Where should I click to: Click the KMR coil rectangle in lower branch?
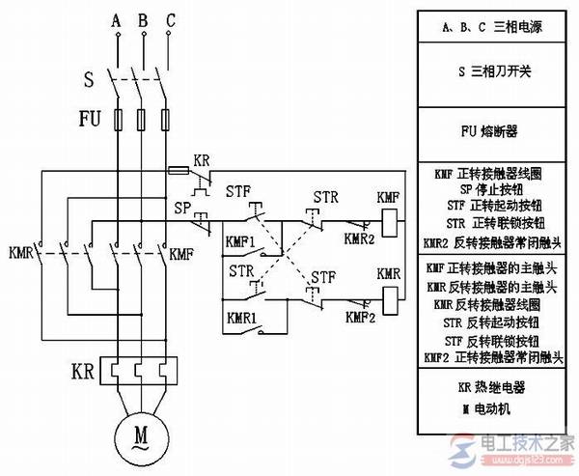click(x=388, y=302)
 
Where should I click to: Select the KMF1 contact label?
click(x=240, y=242)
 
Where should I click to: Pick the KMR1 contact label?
click(x=240, y=316)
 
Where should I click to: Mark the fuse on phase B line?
click(x=143, y=121)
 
